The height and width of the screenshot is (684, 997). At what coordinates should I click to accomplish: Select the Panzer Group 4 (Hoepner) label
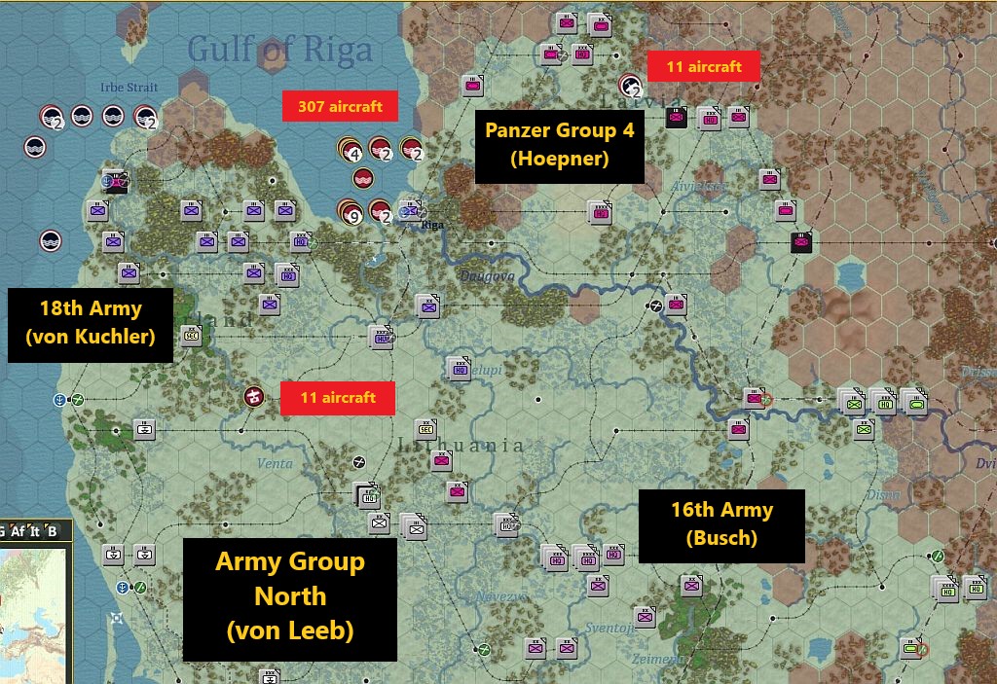[x=559, y=145]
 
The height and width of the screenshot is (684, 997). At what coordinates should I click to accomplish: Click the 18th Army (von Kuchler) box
[x=91, y=324]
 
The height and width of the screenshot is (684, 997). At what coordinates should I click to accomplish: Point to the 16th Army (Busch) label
[x=721, y=523]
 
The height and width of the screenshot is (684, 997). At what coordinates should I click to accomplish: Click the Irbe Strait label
[x=129, y=88]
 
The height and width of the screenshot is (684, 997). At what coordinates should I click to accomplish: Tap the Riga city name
[x=431, y=226]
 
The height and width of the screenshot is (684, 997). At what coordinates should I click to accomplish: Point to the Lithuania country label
[x=462, y=446]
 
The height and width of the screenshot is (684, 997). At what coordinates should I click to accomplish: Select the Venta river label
[x=275, y=463]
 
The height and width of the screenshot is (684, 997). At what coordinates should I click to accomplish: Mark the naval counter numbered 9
[x=351, y=212]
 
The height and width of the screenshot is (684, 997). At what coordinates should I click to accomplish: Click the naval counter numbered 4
[x=351, y=150]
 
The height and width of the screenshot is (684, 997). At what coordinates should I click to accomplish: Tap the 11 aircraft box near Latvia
[x=703, y=66]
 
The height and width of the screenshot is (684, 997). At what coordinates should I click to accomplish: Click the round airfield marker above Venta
[x=255, y=396]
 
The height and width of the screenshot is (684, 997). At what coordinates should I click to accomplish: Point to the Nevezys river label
[x=500, y=596]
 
